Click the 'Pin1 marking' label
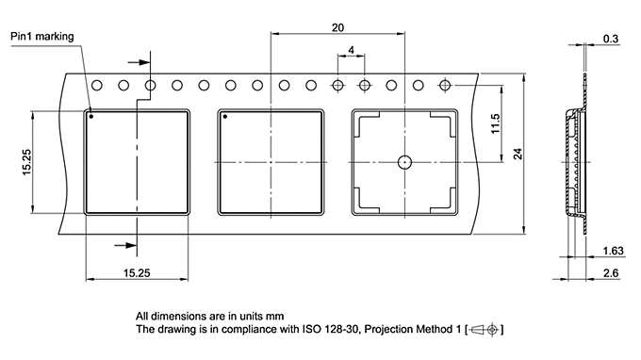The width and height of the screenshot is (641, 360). (42, 37)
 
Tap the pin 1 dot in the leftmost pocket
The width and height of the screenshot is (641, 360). (91, 117)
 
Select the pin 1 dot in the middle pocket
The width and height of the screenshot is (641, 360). (225, 117)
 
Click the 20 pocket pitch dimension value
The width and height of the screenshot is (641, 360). (337, 27)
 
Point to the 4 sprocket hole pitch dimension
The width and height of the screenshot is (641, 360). (352, 50)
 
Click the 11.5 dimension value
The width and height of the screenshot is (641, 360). (495, 123)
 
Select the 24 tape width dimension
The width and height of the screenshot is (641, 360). (518, 154)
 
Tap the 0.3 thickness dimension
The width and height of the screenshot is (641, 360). (611, 39)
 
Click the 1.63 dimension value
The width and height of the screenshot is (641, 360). (614, 251)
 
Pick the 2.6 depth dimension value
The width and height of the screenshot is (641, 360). (611, 273)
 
